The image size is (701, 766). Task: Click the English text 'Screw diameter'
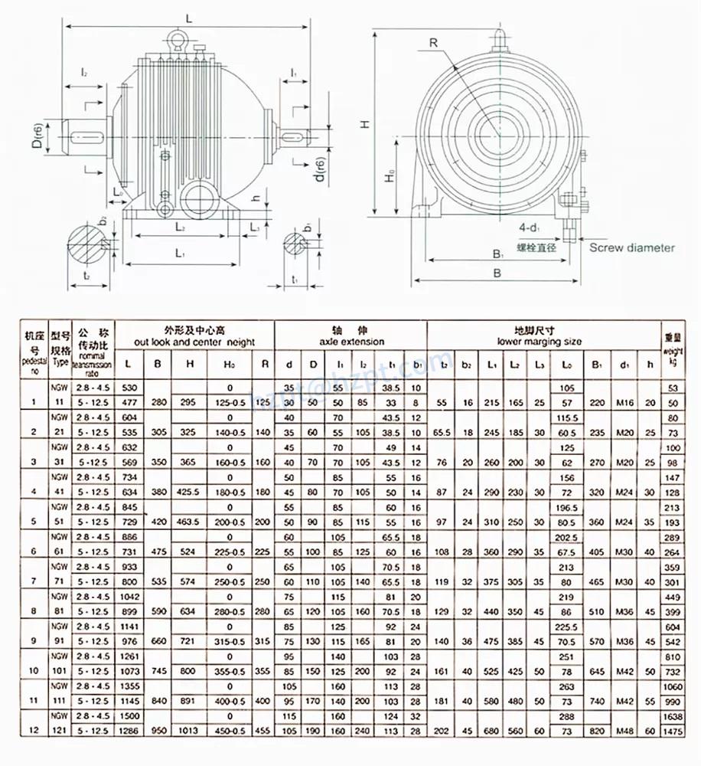(x=631, y=247)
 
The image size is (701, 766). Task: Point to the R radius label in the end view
(x=433, y=44)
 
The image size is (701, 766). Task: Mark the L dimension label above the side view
(x=189, y=16)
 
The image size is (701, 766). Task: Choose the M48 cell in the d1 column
(x=624, y=731)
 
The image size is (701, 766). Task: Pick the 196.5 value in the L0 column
(x=567, y=507)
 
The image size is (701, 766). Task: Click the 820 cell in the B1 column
(x=597, y=731)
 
